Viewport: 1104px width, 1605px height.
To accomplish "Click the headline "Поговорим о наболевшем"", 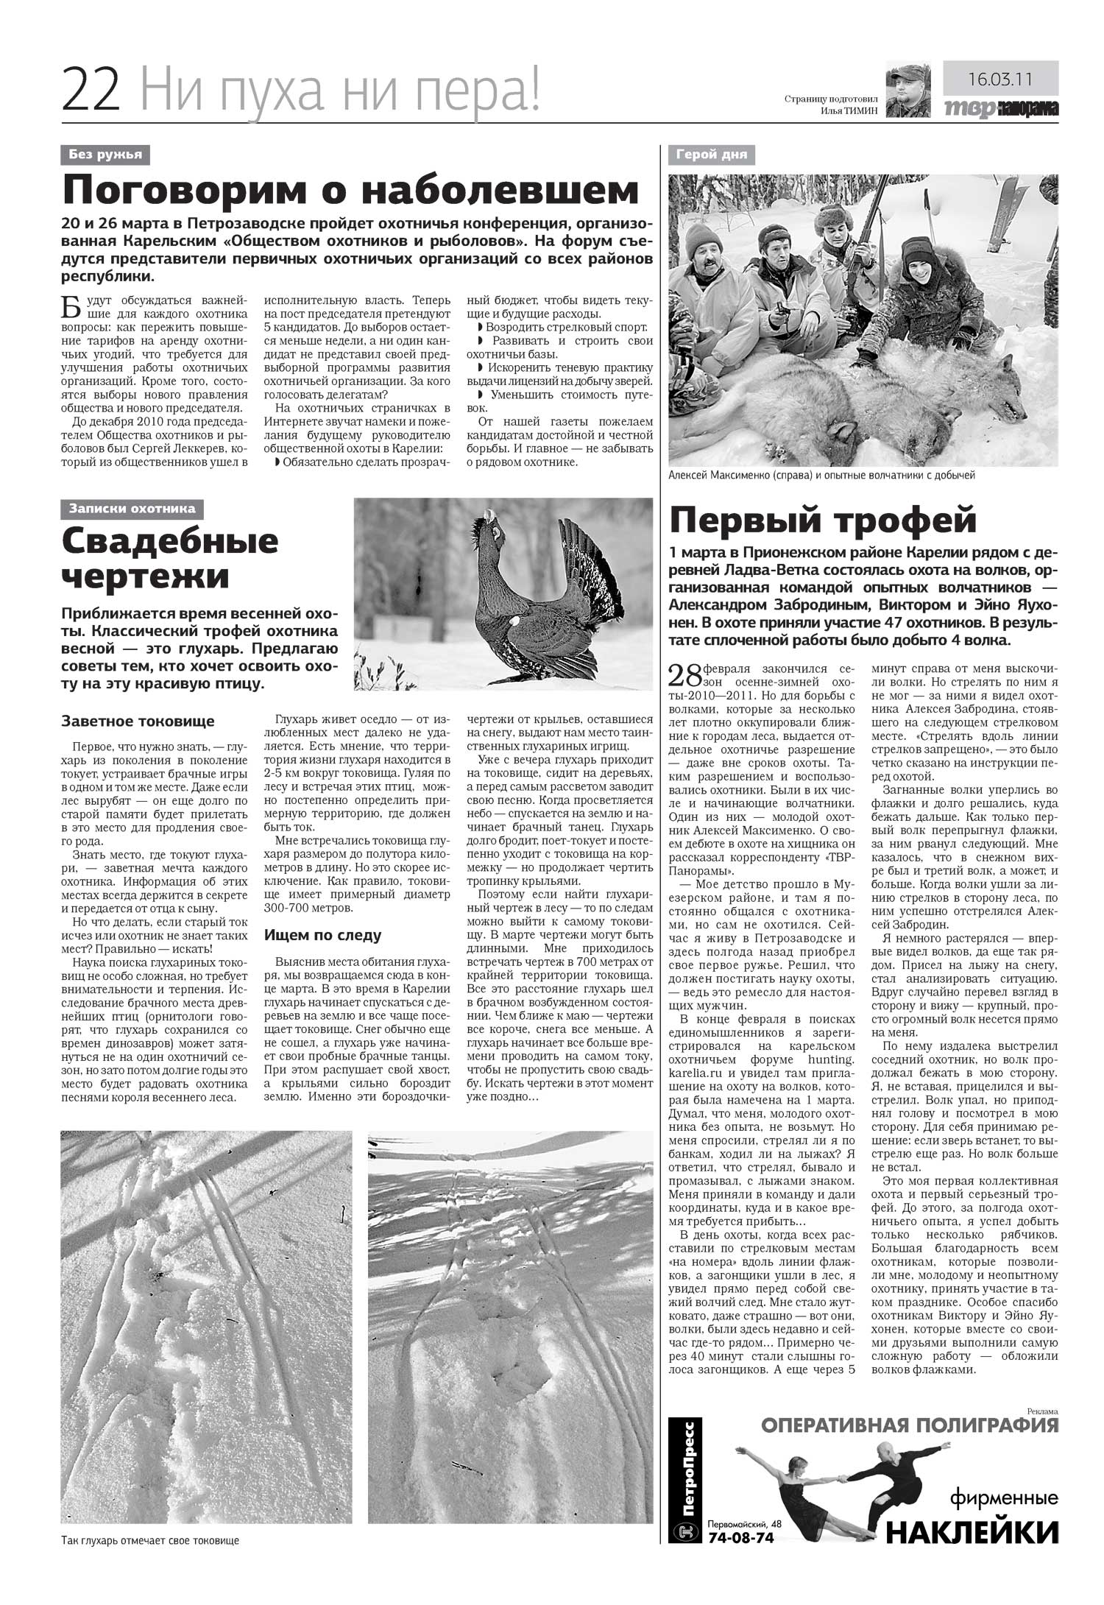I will [350, 191].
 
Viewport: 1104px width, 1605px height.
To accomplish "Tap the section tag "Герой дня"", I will [712, 155].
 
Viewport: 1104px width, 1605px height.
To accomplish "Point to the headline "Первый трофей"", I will [823, 521].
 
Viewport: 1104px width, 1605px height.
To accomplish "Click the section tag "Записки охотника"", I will [132, 509].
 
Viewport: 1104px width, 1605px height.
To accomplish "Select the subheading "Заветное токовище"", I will [138, 721].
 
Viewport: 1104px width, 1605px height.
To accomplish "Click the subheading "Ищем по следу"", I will [323, 935].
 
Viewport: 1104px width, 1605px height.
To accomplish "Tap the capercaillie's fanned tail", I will [589, 567].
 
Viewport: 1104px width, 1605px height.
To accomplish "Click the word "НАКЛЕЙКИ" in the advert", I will [973, 1532].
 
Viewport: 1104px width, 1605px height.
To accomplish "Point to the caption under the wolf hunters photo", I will [821, 476].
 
